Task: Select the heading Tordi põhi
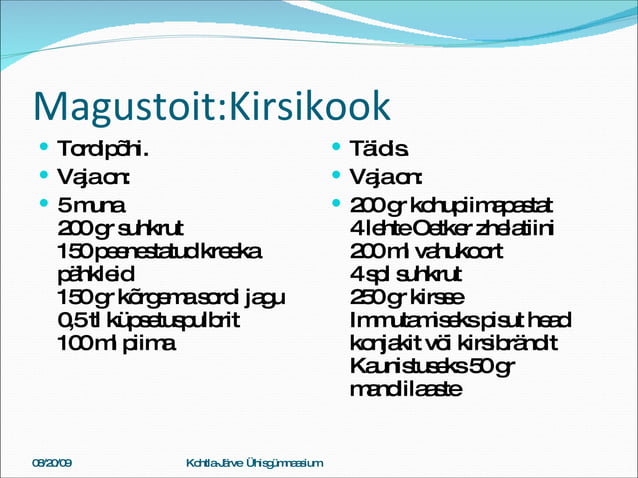coord(103,151)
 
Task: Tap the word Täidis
coord(379,151)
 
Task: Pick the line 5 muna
coord(92,205)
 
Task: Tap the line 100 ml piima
coord(116,343)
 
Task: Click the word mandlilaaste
coord(406,389)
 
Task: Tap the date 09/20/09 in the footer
coord(52,464)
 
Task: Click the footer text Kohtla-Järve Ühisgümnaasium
coord(255,464)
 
